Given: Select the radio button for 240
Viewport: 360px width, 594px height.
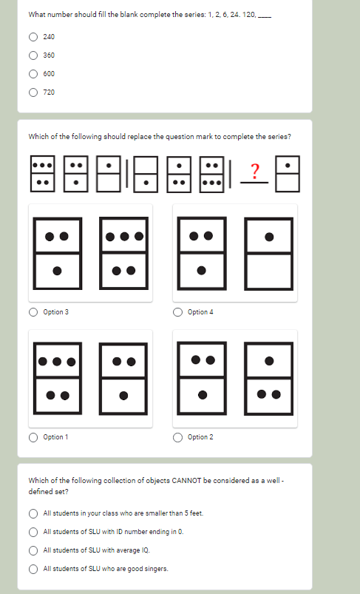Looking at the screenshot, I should click(x=33, y=36).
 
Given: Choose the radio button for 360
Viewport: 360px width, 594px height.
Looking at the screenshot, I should click(x=33, y=55).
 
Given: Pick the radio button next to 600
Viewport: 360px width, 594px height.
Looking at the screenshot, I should click(x=33, y=73).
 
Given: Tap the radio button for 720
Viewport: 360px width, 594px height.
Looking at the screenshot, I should click(x=33, y=92).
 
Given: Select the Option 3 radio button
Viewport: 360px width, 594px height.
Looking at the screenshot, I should click(x=33, y=312).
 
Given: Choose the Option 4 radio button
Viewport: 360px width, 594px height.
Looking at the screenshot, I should click(x=178, y=312).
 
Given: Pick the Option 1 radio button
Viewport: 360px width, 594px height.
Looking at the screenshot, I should click(x=33, y=437).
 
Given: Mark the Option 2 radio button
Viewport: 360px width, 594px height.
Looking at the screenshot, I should click(x=178, y=437).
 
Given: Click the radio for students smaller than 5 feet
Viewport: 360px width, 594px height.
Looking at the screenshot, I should click(x=33, y=513).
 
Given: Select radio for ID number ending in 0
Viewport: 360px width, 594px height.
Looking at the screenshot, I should click(x=33, y=531).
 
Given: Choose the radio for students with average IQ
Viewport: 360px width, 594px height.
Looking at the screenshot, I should click(x=33, y=550).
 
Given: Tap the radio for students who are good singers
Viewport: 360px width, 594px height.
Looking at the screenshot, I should click(x=33, y=568).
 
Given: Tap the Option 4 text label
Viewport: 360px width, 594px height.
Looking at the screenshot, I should click(x=200, y=312).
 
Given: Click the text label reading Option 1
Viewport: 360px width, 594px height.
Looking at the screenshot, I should click(x=56, y=437).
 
